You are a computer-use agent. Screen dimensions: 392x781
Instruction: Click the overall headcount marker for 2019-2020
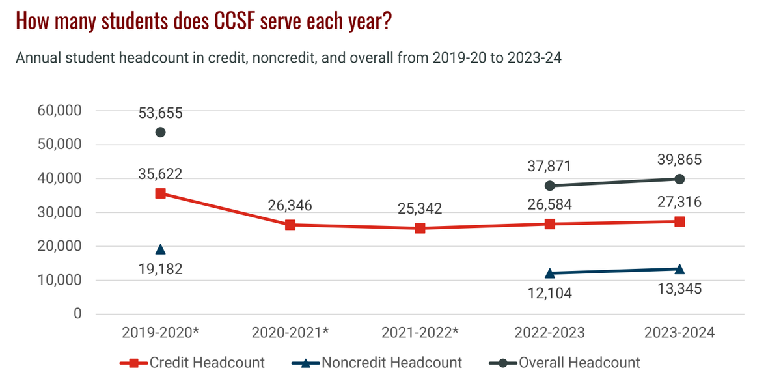click(x=160, y=132)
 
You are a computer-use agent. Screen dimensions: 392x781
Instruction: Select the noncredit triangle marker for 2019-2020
click(x=160, y=249)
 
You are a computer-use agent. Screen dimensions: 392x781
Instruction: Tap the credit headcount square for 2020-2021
click(x=290, y=225)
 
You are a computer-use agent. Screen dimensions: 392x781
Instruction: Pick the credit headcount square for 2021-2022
click(x=420, y=228)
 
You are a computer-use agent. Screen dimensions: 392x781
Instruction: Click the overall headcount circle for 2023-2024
click(x=679, y=179)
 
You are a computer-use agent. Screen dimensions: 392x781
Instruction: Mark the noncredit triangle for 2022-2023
click(x=550, y=273)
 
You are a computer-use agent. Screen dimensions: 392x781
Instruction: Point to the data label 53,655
click(x=160, y=113)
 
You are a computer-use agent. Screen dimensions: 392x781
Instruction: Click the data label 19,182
click(x=160, y=269)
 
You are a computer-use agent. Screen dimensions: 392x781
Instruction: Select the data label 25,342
click(x=420, y=209)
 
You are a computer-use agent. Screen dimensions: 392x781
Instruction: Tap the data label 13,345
click(x=679, y=288)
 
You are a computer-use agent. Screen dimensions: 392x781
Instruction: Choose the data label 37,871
click(x=550, y=167)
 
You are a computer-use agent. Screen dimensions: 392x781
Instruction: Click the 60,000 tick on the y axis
click(x=59, y=111)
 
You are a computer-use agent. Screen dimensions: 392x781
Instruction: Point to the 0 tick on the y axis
click(x=77, y=314)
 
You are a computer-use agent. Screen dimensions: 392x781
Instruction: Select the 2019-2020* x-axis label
click(x=160, y=333)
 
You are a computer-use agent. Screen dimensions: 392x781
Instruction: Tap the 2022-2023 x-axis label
click(x=550, y=333)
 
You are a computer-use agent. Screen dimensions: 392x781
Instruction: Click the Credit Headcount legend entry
click(x=193, y=363)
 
